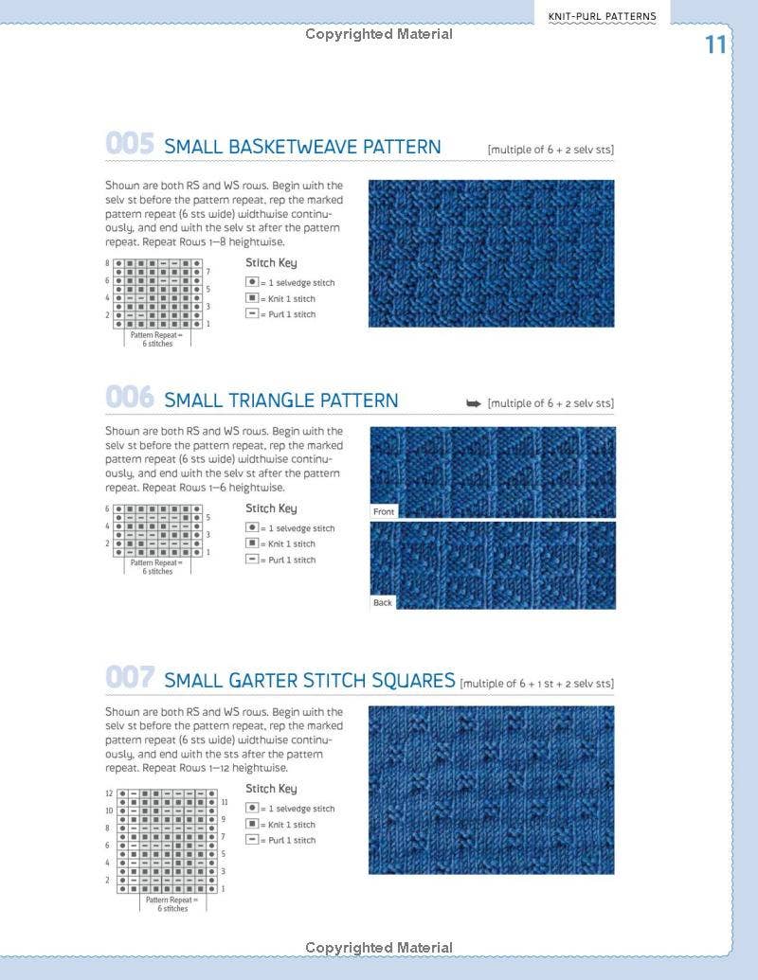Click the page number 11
click(714, 45)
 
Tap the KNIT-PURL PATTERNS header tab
click(602, 16)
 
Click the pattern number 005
click(129, 145)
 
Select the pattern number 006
click(129, 398)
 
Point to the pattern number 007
click(129, 679)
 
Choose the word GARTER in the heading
click(262, 681)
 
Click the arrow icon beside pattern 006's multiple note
click(474, 403)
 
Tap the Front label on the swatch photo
click(384, 511)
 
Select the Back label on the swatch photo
click(383, 602)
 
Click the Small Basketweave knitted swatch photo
click(491, 254)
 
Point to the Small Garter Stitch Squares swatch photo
click(491, 790)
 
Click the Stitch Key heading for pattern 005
click(271, 263)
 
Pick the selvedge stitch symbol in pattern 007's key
click(252, 809)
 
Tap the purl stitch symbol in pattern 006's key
click(252, 560)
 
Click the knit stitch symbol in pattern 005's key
click(252, 298)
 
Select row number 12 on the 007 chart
click(109, 793)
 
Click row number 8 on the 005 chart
click(107, 262)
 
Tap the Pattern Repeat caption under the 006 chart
click(157, 566)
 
